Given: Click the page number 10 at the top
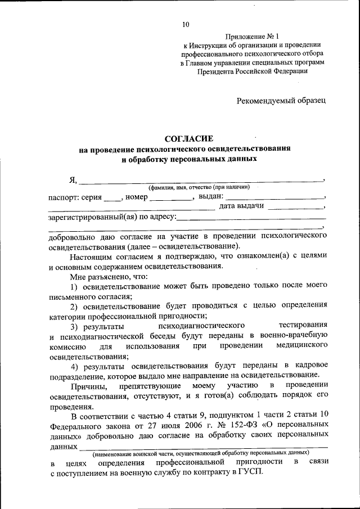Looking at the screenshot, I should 186,24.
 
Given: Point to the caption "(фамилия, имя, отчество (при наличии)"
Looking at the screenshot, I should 195,187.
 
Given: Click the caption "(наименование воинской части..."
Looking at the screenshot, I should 201,452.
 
